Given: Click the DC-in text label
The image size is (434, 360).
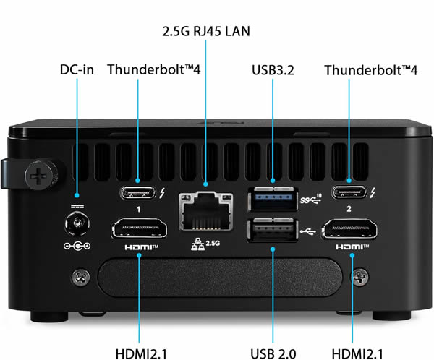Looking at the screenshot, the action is pyautogui.click(x=77, y=69).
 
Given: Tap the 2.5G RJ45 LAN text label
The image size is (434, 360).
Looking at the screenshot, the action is pyautogui.click(x=206, y=31).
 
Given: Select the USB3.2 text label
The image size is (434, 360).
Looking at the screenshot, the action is pyautogui.click(x=273, y=70).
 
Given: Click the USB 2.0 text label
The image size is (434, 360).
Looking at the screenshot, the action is pyautogui.click(x=273, y=354).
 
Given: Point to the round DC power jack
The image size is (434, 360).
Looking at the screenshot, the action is pyautogui.click(x=77, y=223).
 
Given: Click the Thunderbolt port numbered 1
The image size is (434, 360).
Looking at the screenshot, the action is pyautogui.click(x=138, y=192).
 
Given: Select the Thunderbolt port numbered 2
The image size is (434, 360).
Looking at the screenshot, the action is pyautogui.click(x=349, y=192).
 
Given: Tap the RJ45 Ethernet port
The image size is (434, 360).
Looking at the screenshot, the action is pyautogui.click(x=205, y=211).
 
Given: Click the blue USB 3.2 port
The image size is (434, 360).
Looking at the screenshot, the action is pyautogui.click(x=273, y=199).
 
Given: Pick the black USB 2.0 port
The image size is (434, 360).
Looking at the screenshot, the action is pyautogui.click(x=273, y=230).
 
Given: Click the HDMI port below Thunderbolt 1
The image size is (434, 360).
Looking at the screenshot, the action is pyautogui.click(x=139, y=228).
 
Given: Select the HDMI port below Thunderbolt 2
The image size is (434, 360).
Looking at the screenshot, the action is pyautogui.click(x=349, y=228).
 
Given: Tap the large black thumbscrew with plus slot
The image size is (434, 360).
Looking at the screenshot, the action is pyautogui.click(x=41, y=174).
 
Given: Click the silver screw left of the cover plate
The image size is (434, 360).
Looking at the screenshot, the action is pyautogui.click(x=81, y=277).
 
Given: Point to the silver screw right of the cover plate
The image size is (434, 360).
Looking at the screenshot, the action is pyautogui.click(x=359, y=277).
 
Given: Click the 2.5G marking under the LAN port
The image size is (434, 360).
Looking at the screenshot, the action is pyautogui.click(x=213, y=243).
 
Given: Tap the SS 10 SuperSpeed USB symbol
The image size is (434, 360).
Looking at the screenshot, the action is pyautogui.click(x=311, y=199).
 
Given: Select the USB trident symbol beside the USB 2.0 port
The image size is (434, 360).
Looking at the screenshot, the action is pyautogui.click(x=308, y=231).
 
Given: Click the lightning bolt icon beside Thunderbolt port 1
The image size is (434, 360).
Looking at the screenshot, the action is pyautogui.click(x=162, y=192).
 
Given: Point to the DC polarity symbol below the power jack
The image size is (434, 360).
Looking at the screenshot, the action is pyautogui.click(x=77, y=246).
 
